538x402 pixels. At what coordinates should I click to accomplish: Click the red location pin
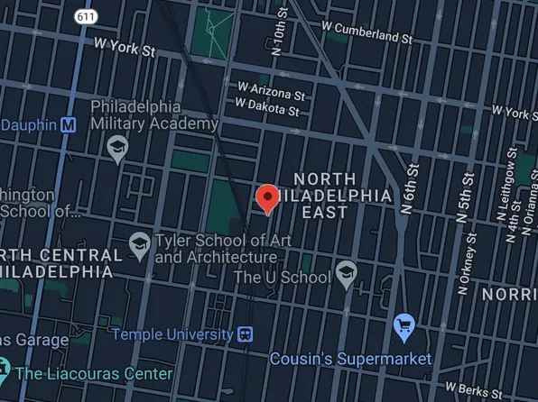pyautogui.click(x=267, y=197)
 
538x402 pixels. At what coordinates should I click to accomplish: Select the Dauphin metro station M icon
pyautogui.click(x=68, y=125)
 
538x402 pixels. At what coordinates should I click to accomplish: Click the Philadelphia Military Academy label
pyautogui.click(x=154, y=114)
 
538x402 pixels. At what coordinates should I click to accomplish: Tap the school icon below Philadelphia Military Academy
pyautogui.click(x=117, y=148)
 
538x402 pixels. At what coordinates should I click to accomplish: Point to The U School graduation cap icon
pyautogui.click(x=346, y=273)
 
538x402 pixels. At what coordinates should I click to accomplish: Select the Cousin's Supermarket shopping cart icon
pyautogui.click(x=404, y=326)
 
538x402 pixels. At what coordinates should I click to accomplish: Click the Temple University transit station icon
pyautogui.click(x=246, y=334)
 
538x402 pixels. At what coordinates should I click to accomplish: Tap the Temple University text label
pyautogui.click(x=172, y=334)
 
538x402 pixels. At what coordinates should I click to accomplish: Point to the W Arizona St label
pyautogui.click(x=272, y=91)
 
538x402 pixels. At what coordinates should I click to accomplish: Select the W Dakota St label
pyautogui.click(x=266, y=107)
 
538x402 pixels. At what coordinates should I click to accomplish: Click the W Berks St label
pyautogui.click(x=501, y=392)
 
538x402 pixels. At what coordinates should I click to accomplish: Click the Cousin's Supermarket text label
pyautogui.click(x=351, y=358)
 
